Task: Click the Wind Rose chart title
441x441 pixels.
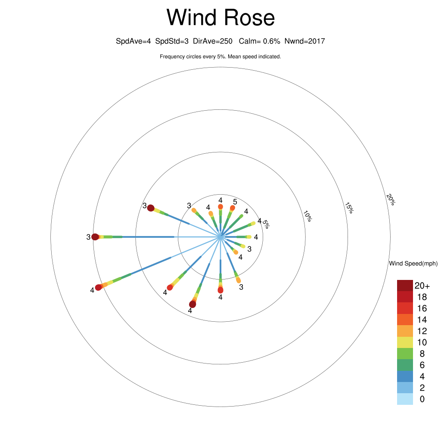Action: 220,18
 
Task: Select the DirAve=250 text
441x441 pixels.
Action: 213,41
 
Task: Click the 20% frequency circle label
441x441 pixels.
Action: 390,200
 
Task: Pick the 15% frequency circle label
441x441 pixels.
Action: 349,208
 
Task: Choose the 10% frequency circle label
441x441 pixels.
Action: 307,216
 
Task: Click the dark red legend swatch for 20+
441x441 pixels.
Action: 405,285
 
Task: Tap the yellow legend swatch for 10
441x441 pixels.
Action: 405,342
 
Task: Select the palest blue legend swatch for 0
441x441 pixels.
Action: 405,399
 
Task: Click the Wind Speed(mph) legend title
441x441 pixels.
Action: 413,264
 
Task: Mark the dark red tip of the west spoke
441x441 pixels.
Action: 95,236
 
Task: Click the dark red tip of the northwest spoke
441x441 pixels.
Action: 151,208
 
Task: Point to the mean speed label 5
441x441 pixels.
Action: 235,202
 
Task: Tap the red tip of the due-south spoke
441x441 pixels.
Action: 220,290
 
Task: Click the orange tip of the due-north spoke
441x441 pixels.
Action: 220,207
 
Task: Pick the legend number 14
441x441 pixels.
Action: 422,320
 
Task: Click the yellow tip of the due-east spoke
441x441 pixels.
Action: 249,237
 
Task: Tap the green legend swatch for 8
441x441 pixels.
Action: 405,354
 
